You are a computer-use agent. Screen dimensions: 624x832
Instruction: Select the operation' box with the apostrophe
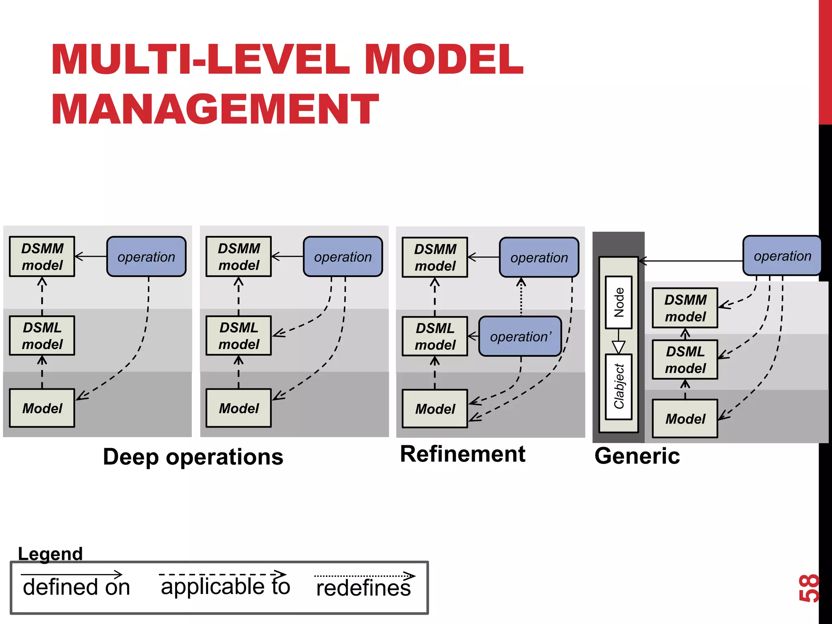pos(520,336)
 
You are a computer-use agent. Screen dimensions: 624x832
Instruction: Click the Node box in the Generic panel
pos(618,302)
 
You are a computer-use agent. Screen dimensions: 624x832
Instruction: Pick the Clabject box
pos(618,386)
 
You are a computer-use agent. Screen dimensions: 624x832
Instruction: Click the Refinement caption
pos(462,454)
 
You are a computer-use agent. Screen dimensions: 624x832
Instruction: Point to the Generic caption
pos(637,456)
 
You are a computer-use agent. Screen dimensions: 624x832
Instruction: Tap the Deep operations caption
pos(193,457)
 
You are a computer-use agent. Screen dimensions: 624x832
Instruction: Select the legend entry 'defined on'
pos(76,587)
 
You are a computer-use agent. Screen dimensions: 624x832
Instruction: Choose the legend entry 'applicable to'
pos(225,586)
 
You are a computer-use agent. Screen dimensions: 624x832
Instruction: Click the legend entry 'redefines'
pos(363,588)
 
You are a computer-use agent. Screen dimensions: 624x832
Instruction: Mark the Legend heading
pos(50,554)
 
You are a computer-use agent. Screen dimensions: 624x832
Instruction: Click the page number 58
pos(808,587)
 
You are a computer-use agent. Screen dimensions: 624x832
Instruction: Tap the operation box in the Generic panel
pos(782,256)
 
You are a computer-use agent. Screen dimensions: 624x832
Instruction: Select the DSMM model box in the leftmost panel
pos(42,257)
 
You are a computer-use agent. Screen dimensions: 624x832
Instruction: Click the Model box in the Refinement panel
pos(435,409)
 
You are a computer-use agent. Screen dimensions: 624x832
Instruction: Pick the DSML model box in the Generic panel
pos(685,360)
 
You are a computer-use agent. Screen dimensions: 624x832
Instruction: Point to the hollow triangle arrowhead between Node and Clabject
pos(618,347)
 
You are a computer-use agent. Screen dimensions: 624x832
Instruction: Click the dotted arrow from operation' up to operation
pos(521,299)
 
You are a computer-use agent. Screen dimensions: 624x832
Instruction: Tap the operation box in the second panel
pos(342,257)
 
